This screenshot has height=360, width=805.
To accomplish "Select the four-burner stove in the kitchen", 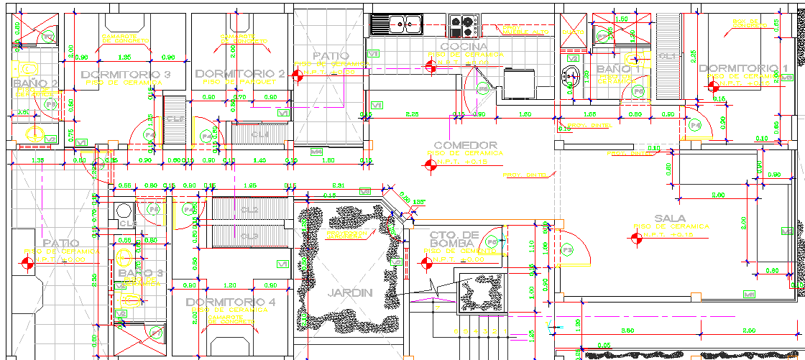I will [464, 26].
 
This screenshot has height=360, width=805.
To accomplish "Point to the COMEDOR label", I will [465, 144].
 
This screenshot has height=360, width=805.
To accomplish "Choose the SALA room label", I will [669, 218].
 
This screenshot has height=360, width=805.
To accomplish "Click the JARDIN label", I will [350, 292].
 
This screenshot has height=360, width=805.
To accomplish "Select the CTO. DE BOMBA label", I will [456, 239].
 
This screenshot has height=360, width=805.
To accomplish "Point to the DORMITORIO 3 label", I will [126, 74].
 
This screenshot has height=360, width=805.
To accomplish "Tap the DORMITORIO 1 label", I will [743, 68].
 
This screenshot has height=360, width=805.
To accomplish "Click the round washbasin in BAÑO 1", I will [571, 73].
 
